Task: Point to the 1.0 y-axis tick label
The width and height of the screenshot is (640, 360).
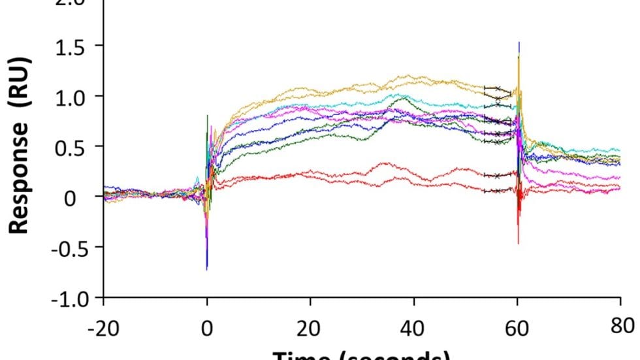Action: [73, 96]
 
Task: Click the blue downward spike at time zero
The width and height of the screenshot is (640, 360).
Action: [207, 265]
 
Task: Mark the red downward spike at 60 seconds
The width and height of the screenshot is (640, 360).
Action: [519, 238]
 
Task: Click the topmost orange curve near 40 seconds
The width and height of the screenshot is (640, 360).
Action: [414, 77]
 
